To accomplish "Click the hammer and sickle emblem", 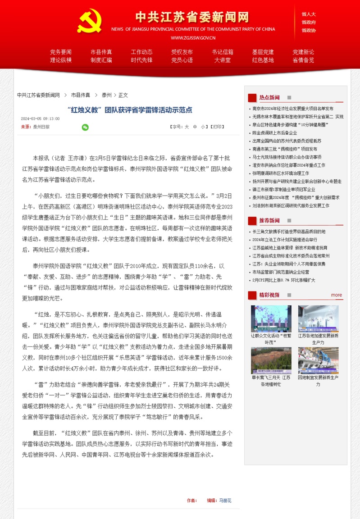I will pyautogui.click(x=90, y=21).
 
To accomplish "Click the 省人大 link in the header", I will pyautogui.click(x=309, y=14).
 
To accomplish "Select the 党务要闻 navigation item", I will pyautogui.click(x=61, y=52).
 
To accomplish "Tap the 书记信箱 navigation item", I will pyautogui.click(x=223, y=52).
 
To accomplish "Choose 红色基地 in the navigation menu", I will pyautogui.click(x=263, y=60).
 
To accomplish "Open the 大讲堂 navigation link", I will pyautogui.click(x=223, y=60).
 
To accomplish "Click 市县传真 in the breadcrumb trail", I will pyautogui.click(x=81, y=95).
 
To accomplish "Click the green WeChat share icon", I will pyautogui.click(x=85, y=127).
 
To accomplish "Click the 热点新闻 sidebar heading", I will pyautogui.click(x=269, y=97).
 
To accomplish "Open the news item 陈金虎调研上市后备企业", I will pyautogui.click(x=274, y=133).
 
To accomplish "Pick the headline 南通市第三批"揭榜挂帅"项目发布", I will pyautogui.click(x=285, y=149).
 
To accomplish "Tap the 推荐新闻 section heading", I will pyautogui.click(x=269, y=220).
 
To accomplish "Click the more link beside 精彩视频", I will pyautogui.click(x=337, y=295).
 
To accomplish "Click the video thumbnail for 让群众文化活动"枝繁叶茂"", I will pyautogui.click(x=271, y=319).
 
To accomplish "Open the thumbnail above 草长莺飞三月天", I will pyautogui.click(x=271, y=360).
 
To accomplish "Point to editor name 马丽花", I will pyautogui.click(x=225, y=501).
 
